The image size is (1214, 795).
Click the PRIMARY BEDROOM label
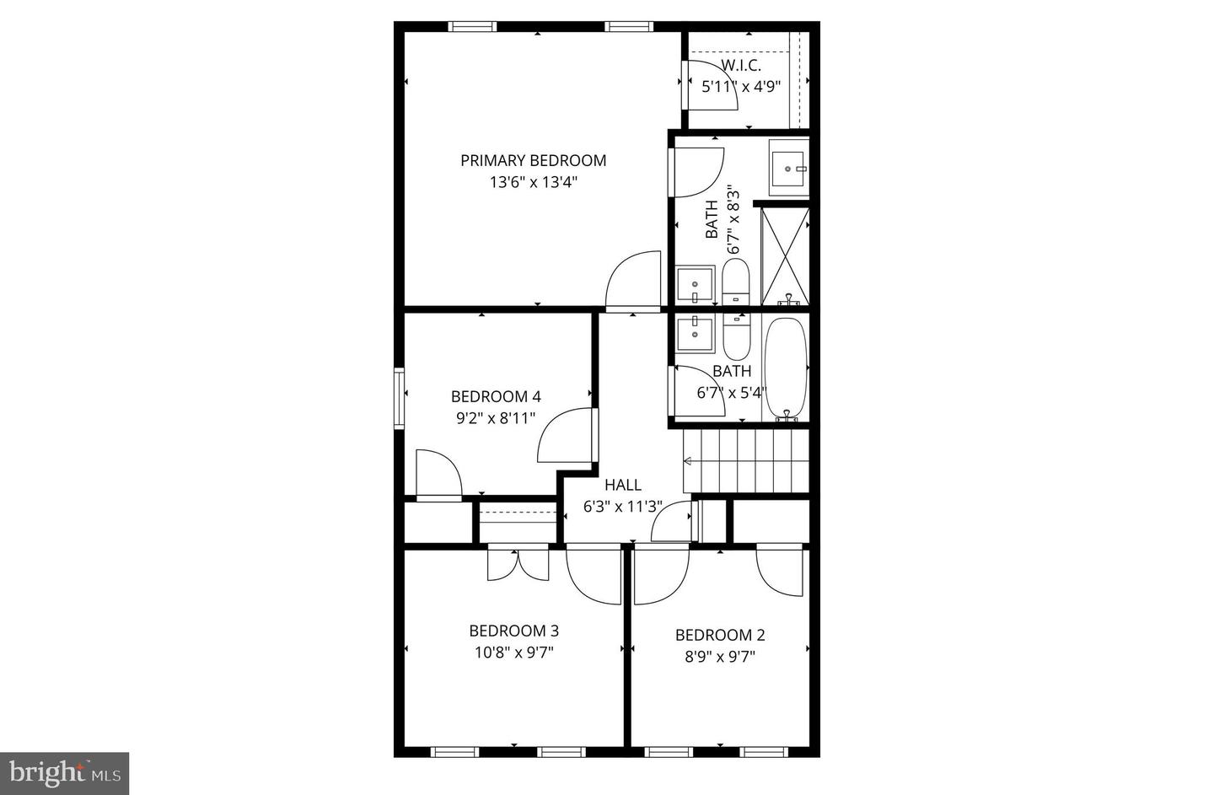(x=533, y=160)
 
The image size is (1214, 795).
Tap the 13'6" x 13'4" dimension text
(x=533, y=182)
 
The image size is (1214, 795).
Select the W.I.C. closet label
(x=741, y=65)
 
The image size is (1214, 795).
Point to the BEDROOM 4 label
(x=496, y=396)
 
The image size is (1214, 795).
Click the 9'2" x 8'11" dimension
(x=496, y=417)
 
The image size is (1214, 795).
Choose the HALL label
(x=623, y=485)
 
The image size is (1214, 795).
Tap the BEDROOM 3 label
(x=513, y=631)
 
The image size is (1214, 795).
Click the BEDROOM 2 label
(x=720, y=635)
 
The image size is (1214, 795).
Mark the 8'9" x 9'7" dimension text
(x=720, y=656)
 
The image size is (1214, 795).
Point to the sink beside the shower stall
(x=788, y=169)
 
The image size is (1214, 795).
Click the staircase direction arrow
(x=688, y=461)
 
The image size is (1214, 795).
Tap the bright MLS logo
(x=64, y=773)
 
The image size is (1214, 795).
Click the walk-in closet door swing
(x=712, y=84)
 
